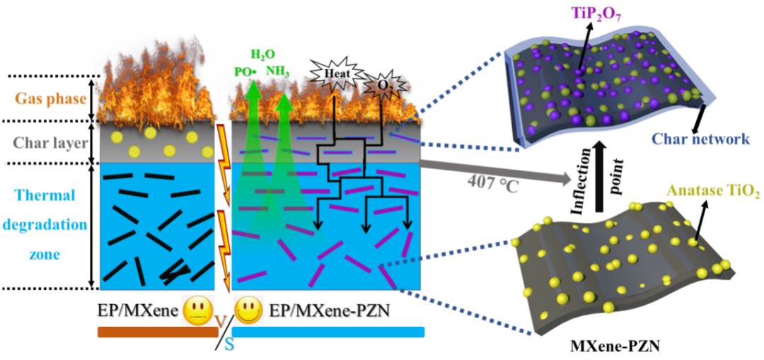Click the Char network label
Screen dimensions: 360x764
tap(700, 139)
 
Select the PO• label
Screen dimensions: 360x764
tap(244, 71)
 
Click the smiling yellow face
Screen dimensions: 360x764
tap(248, 309)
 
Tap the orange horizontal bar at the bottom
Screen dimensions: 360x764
tap(157, 332)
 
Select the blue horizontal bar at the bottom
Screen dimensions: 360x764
tap(328, 332)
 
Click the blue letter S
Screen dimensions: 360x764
tap(228, 344)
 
